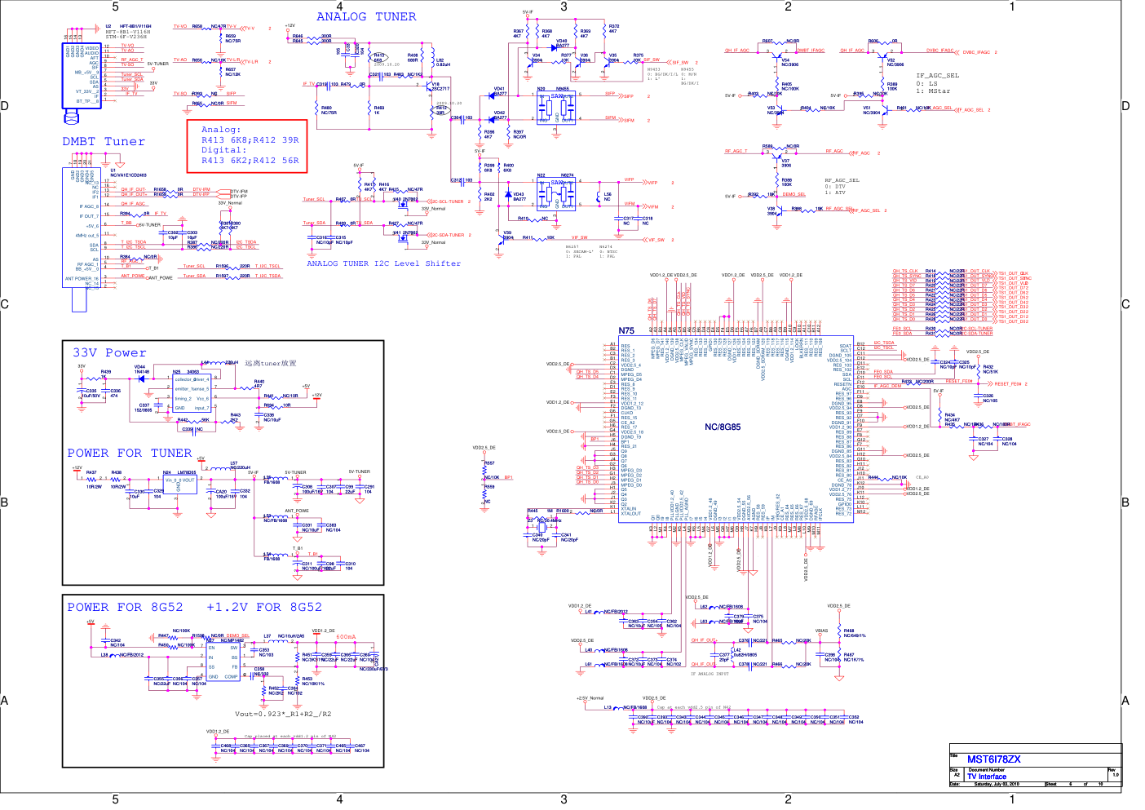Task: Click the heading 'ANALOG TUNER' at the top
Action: pyautogui.click(x=366, y=16)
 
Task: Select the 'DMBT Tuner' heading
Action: pyautogui.click(x=104, y=141)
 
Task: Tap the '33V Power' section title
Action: pyautogui.click(x=109, y=352)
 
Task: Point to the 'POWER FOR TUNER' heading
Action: pyautogui.click(x=129, y=453)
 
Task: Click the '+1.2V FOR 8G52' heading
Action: pyautogui.click(x=264, y=607)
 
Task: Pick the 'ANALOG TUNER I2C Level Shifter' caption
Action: pyautogui.click(x=383, y=263)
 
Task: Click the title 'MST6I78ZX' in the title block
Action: pyautogui.click(x=993, y=759)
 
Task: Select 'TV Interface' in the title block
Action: pyautogui.click(x=987, y=777)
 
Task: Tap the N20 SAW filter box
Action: pyautogui.click(x=557, y=108)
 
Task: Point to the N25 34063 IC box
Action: pyautogui.click(x=192, y=393)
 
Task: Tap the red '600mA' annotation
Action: pyautogui.click(x=346, y=637)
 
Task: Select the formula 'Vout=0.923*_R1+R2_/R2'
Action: pyautogui.click(x=283, y=714)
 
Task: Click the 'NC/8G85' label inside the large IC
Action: pyautogui.click(x=723, y=427)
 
